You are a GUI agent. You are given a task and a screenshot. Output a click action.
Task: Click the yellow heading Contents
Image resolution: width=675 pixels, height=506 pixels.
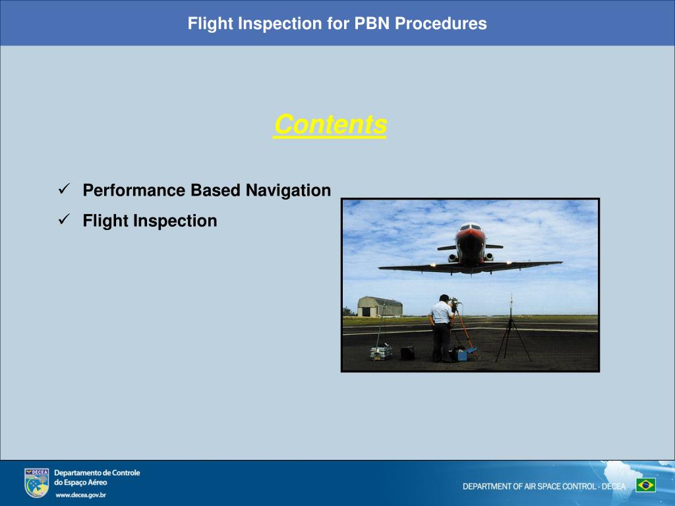[330, 124]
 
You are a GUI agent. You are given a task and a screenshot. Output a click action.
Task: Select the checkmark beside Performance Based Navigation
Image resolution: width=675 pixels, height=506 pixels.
[64, 190]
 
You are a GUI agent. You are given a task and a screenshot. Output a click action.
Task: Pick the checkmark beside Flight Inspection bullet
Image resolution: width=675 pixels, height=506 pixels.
[64, 220]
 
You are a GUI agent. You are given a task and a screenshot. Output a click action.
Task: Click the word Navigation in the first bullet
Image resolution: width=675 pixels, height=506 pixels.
[288, 190]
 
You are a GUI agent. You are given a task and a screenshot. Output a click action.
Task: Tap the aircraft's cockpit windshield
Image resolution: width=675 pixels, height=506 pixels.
[469, 227]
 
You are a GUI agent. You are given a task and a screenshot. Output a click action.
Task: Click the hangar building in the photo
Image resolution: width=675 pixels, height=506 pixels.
[380, 307]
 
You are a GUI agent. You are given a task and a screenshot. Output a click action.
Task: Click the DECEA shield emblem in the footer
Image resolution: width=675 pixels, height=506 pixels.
[36, 482]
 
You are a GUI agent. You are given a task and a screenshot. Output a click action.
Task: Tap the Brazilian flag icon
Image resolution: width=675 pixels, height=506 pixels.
[645, 486]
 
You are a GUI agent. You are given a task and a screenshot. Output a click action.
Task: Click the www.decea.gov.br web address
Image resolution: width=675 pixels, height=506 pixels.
[80, 495]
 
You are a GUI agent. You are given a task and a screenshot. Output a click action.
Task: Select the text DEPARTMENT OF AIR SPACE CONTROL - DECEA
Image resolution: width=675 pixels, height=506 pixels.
[544, 486]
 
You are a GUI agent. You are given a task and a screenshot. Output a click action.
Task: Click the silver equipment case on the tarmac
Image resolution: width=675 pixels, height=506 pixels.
[381, 352]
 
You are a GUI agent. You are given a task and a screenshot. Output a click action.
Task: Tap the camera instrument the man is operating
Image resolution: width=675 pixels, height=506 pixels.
[454, 306]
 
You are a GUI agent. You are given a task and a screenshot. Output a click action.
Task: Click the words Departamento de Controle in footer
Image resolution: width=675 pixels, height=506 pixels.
[97, 472]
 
